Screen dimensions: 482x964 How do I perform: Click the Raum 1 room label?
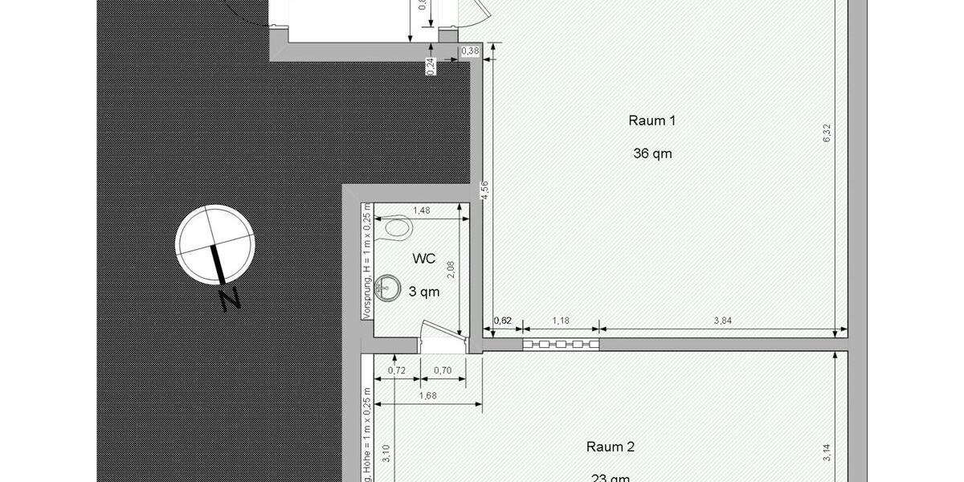[652, 120]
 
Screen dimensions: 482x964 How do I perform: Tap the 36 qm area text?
[652, 153]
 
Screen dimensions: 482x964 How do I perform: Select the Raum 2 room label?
[611, 447]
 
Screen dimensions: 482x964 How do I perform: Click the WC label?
[423, 259]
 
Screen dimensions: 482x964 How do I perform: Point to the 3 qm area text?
[423, 292]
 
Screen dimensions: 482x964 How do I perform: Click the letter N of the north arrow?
[231, 299]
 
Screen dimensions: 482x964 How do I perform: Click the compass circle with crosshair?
[215, 241]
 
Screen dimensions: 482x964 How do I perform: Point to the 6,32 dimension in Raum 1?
[827, 133]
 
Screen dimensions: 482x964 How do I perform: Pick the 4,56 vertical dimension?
[484, 191]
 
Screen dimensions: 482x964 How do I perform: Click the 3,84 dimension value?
[723, 321]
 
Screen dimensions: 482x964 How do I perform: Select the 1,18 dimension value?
[560, 321]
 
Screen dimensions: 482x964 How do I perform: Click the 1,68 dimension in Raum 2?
[427, 395]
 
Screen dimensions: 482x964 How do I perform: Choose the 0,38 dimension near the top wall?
[470, 51]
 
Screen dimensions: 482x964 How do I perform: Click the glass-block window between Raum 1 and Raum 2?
[560, 345]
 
